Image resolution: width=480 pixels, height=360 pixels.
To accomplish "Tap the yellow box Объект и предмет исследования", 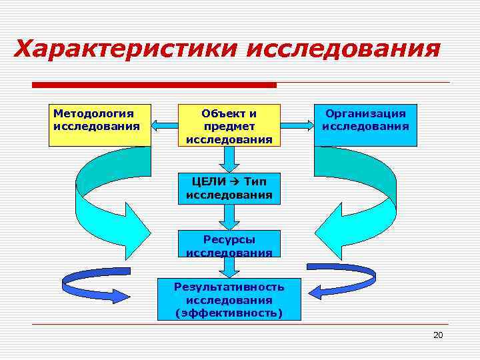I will pos(229,125).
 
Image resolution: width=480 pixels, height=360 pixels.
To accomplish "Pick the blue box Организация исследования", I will pos(365,125).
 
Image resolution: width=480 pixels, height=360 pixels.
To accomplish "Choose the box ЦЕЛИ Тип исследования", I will pos(229,188).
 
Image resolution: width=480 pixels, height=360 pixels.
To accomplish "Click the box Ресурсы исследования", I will pos(229,245).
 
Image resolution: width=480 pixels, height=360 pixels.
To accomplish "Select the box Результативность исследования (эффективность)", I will pos(229,299).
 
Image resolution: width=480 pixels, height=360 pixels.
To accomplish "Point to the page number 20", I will pos(437,335).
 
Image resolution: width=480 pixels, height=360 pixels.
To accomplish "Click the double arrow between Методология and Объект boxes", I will pos(165,124).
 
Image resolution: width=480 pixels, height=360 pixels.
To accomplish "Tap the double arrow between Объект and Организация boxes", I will pos(297,124).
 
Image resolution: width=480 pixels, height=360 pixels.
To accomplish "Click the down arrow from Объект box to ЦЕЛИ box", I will pos(229,159).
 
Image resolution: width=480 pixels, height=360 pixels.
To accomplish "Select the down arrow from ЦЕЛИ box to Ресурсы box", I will pos(229,217).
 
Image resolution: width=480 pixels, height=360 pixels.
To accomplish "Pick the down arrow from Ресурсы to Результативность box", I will pos(229,267).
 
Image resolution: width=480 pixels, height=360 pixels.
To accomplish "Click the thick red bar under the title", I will pos(154,85).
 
